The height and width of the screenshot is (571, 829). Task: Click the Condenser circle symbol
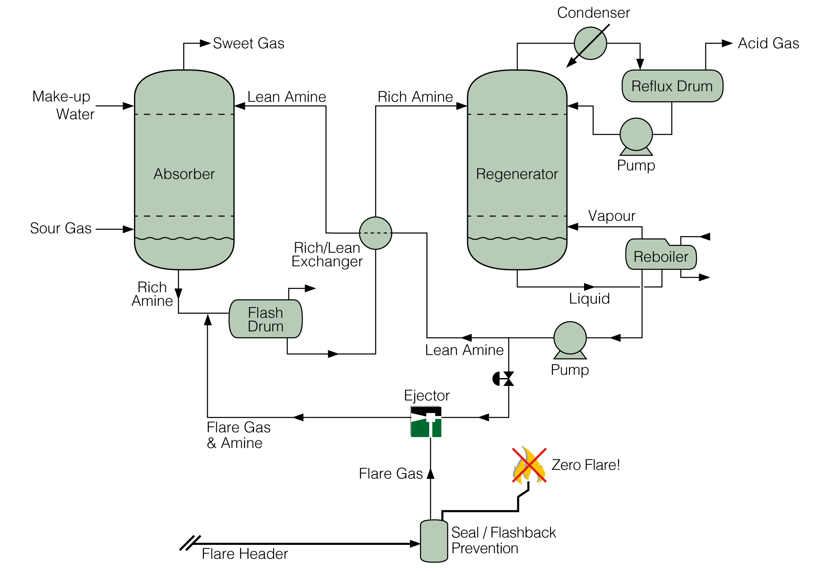point(590,43)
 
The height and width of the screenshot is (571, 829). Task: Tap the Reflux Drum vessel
point(672,86)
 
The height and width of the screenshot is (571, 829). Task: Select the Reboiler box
point(661,256)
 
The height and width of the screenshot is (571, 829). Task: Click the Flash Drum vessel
point(265,319)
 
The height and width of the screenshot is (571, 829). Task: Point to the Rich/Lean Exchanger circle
point(375,233)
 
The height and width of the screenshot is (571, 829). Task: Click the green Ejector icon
point(426,422)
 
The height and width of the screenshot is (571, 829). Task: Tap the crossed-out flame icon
point(529,465)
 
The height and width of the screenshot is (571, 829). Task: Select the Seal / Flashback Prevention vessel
point(434,541)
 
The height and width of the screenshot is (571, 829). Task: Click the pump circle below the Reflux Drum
point(636,134)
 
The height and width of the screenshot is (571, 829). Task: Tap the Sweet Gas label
point(248,43)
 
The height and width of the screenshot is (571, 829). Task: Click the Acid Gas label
point(768,43)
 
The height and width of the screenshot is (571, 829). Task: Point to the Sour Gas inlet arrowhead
point(128,229)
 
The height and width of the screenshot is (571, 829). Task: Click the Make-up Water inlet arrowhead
point(128,106)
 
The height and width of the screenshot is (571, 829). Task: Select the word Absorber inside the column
point(184,174)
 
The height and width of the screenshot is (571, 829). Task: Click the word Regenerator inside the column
point(517,174)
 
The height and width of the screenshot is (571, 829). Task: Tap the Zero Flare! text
point(585,465)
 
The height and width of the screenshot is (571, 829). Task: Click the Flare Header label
point(245,554)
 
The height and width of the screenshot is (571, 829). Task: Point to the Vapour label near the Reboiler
point(611,216)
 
